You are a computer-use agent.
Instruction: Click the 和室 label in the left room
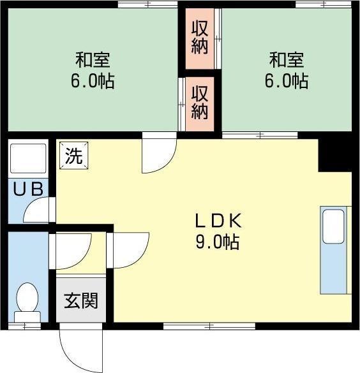(93, 61)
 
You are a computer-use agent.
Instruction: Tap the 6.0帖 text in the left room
(93, 82)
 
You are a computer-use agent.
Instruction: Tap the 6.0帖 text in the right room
(287, 82)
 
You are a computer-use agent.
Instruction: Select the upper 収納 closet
(200, 38)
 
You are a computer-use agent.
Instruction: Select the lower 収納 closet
(200, 102)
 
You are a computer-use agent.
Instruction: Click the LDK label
(217, 221)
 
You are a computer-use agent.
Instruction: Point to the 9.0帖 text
(217, 242)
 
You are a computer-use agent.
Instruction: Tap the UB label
(28, 189)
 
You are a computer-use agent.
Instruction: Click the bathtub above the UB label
(28, 159)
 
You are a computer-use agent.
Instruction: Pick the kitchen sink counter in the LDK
(334, 249)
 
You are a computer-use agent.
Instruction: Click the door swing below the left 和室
(157, 154)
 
